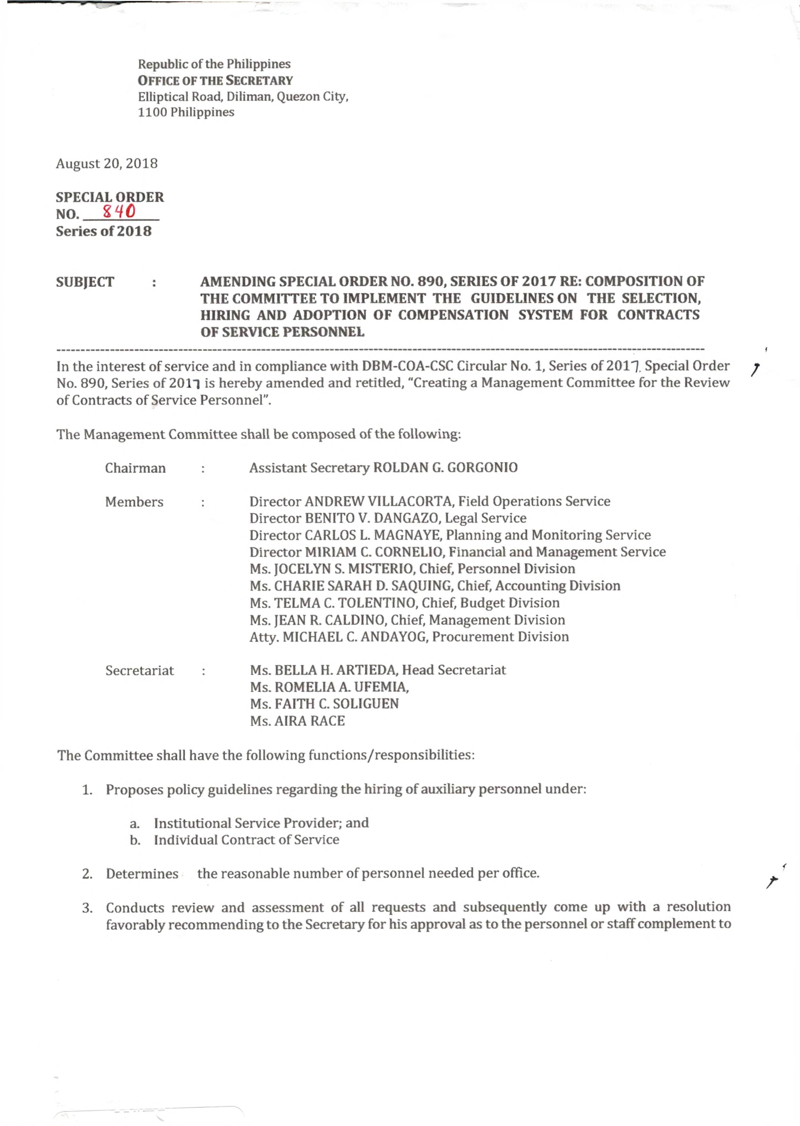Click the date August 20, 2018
106,164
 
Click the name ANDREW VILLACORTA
379,501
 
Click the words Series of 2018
104,231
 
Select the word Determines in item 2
142,874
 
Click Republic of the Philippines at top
214,64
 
